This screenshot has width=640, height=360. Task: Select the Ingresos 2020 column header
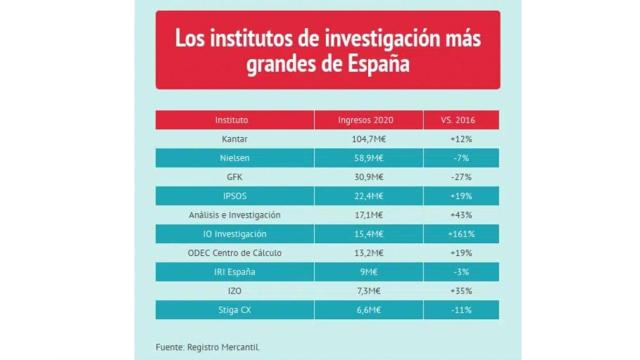[370, 120]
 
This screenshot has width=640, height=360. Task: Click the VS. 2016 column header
[462, 120]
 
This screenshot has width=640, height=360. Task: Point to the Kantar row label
[235, 139]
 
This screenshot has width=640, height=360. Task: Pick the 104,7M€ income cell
[370, 139]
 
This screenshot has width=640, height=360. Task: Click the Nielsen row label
[235, 158]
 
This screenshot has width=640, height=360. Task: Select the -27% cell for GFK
[462, 177]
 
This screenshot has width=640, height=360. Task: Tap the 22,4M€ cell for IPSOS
[370, 196]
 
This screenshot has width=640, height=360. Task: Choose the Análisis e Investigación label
[235, 215]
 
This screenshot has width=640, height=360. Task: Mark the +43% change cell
[462, 215]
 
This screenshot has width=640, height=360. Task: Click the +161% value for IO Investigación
[462, 234]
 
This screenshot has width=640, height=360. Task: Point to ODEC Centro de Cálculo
[235, 253]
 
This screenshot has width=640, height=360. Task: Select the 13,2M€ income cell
[370, 253]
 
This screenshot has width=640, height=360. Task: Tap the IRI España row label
[235, 272]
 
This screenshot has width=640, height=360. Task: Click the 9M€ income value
[370, 272]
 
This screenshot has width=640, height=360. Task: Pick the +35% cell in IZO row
[462, 291]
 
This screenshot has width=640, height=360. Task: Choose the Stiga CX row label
[235, 310]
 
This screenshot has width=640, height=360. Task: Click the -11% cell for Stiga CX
[462, 310]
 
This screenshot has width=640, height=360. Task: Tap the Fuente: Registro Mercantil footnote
[206, 346]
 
